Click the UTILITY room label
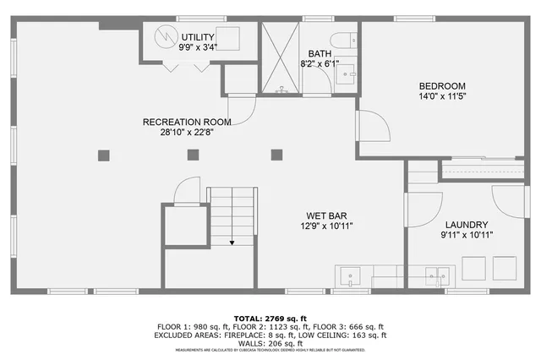click(x=198, y=37)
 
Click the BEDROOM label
click(x=442, y=86)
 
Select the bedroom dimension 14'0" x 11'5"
click(x=442, y=97)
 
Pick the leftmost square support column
click(x=104, y=155)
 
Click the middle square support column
click(x=194, y=155)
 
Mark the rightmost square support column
click(x=276, y=155)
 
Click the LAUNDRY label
click(x=467, y=223)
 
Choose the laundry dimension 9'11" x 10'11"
click(x=467, y=234)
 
